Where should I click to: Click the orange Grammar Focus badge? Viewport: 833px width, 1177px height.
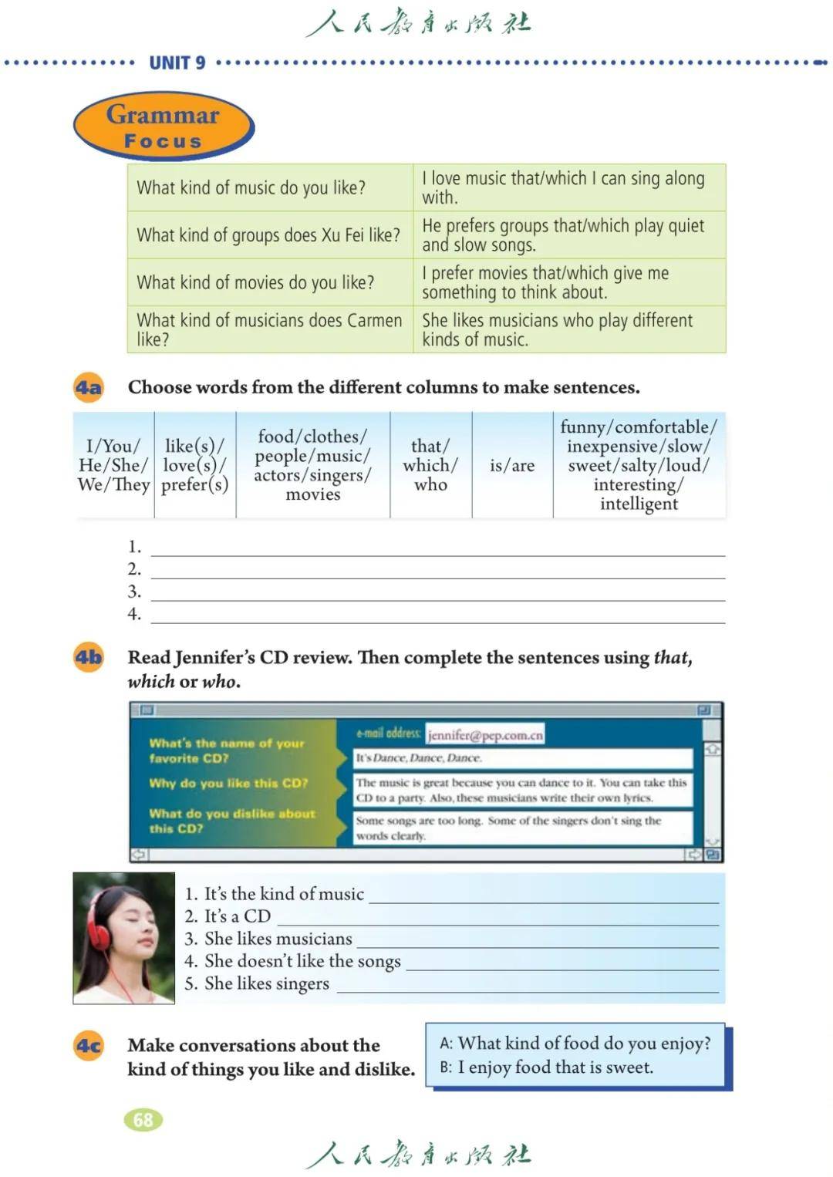click(163, 126)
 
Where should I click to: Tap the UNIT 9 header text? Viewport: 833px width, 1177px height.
click(177, 63)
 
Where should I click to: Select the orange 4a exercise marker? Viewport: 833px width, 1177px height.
click(88, 387)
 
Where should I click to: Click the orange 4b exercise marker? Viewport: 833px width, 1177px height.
click(88, 657)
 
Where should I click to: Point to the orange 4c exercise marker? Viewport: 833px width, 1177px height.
click(88, 1046)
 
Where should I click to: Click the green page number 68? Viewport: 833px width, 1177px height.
click(143, 1120)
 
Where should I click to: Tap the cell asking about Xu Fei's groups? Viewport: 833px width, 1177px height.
click(268, 235)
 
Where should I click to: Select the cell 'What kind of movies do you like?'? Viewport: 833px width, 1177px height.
click(255, 282)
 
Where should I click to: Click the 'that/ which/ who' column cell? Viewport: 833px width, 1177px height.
click(430, 465)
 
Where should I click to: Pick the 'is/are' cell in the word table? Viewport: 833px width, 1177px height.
click(512, 465)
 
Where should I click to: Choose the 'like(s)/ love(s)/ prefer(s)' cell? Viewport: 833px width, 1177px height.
click(194, 465)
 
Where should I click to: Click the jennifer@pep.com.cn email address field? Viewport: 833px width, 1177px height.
click(485, 735)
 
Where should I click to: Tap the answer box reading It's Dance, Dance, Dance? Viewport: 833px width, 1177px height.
click(522, 758)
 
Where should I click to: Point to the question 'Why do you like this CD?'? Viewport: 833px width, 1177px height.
click(228, 783)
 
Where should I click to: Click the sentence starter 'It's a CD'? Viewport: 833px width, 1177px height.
click(238, 916)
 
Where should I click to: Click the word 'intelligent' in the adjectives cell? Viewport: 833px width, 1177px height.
click(639, 504)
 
